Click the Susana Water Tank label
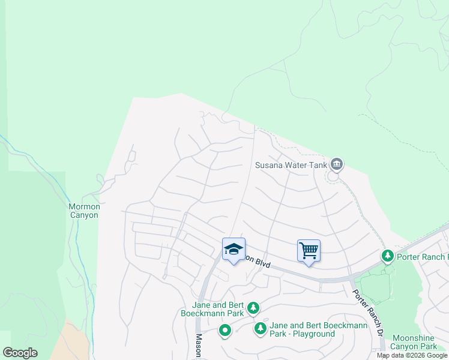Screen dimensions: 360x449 pos(291,164)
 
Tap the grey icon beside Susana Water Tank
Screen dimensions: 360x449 pos(336,164)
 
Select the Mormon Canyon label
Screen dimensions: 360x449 pos(83,211)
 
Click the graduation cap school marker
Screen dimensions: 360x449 pos(234,250)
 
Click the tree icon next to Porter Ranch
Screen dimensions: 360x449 pos(388,256)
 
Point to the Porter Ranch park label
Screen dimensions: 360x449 pos(423,257)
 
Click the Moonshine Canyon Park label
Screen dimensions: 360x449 pos(414,342)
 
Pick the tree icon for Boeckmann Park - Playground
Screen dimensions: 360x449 pos(261,328)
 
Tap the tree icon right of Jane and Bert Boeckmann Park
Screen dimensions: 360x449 pos(253,308)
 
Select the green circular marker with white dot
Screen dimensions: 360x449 pos(225,330)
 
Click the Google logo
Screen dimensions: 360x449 pos(20,353)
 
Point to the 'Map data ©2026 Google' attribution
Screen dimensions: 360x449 pos(412,355)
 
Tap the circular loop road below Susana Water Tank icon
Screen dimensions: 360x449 pos(333,176)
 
